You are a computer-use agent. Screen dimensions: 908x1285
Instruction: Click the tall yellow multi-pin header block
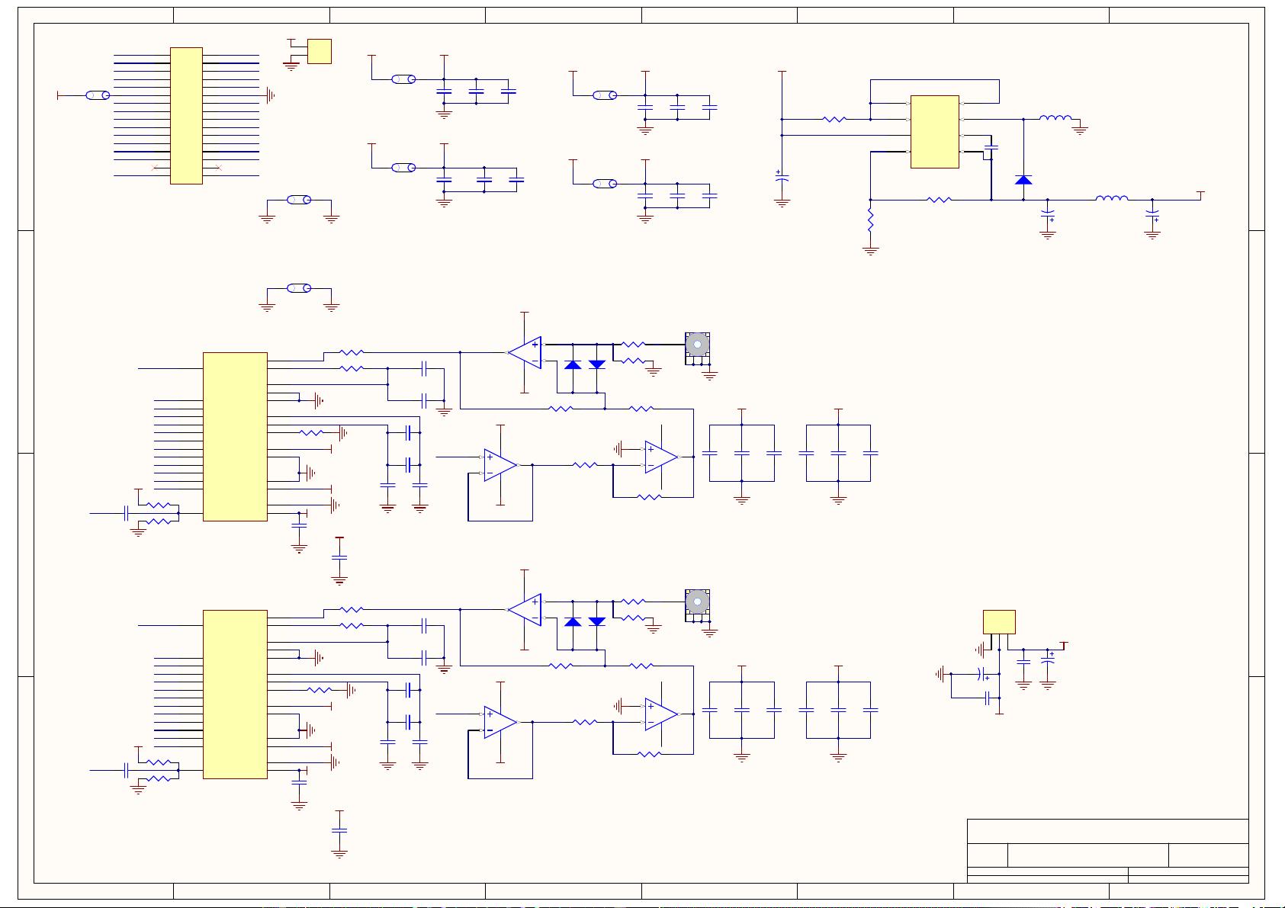coord(186,116)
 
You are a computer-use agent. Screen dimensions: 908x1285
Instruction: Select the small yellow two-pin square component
coord(319,51)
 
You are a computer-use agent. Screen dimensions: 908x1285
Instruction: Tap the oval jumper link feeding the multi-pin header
coord(97,95)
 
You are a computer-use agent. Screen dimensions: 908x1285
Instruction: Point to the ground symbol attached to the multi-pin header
coord(269,95)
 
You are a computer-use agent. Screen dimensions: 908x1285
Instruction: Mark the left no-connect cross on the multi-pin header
coord(156,168)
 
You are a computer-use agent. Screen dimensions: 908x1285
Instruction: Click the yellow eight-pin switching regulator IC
coord(934,131)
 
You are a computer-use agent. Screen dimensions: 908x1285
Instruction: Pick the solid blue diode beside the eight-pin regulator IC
coord(1023,180)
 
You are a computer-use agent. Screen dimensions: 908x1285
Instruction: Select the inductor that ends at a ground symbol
coord(1055,118)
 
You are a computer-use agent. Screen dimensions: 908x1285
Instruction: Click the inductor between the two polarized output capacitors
coord(1111,199)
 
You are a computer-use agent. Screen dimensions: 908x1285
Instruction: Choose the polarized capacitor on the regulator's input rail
coord(782,176)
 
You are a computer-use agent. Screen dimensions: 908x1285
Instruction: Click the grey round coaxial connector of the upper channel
coord(697,344)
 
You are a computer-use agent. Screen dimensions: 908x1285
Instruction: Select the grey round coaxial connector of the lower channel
coord(697,602)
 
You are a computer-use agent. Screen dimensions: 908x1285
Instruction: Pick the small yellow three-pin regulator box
coord(999,621)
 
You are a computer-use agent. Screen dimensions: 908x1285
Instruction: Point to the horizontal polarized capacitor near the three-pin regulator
coord(983,674)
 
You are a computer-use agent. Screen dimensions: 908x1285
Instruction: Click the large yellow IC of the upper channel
coord(235,436)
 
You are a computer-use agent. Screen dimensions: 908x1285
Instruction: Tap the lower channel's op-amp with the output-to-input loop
coord(500,722)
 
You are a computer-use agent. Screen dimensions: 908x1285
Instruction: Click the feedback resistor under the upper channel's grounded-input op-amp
coord(648,497)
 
